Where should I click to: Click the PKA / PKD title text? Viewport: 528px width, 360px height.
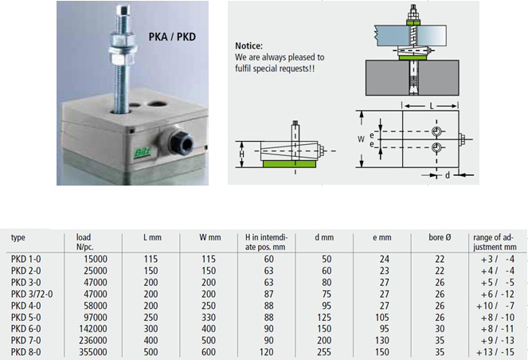(x=172, y=37)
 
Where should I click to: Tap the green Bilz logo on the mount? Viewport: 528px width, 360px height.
(x=143, y=153)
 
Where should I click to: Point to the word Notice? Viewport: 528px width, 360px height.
(x=248, y=46)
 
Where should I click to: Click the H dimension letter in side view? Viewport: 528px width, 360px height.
(x=241, y=155)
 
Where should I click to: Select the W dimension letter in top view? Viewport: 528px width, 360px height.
(x=361, y=139)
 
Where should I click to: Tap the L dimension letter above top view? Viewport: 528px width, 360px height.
(x=432, y=107)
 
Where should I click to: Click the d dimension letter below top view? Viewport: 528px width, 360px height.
(x=448, y=175)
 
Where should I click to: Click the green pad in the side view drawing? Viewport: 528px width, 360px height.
(x=289, y=163)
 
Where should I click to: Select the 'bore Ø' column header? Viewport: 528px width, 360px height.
(x=440, y=237)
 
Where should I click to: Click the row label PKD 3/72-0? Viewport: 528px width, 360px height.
(x=32, y=294)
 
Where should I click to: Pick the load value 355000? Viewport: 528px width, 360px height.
(x=93, y=352)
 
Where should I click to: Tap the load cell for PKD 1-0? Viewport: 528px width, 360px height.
(x=96, y=259)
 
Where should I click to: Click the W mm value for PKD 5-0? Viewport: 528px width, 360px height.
(x=209, y=317)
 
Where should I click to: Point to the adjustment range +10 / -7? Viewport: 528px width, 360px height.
(x=495, y=306)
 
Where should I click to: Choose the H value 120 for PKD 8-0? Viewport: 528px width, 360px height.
(x=266, y=352)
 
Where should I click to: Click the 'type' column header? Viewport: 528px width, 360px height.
(x=18, y=238)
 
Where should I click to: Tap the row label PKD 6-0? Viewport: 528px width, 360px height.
(x=25, y=329)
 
